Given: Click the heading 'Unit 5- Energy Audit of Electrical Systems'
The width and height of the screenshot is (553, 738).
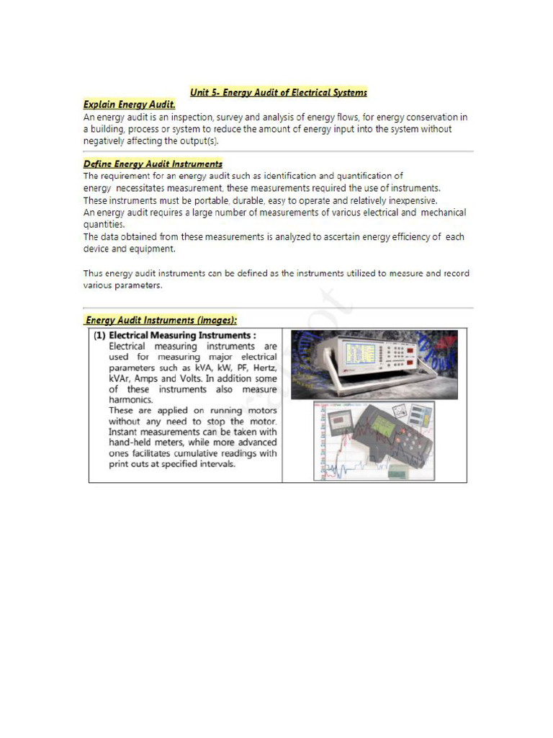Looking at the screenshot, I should (x=278, y=92).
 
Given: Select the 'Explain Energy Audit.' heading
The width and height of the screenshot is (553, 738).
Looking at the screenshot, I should (x=130, y=105).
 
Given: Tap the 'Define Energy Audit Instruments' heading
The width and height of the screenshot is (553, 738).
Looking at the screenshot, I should (x=153, y=164).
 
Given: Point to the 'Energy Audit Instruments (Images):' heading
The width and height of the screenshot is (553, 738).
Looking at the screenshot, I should (x=161, y=320).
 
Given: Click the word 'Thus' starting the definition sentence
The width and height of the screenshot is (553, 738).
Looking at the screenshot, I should (x=94, y=273).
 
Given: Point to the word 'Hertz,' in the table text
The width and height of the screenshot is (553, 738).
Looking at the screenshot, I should (x=261, y=368).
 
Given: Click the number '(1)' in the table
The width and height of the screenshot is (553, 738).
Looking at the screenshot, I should (x=99, y=335).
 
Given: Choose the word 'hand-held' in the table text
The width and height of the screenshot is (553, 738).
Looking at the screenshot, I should (x=132, y=442).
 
